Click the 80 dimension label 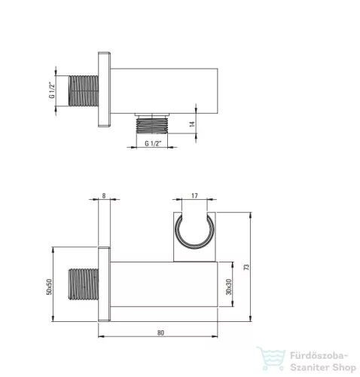tap(160, 333)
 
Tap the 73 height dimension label tap(247, 267)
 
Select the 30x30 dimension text tap(229, 287)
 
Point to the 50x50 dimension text tap(49, 287)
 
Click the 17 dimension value tap(194, 195)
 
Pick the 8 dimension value tap(104, 195)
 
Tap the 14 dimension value tap(192, 124)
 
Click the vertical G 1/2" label tap(52, 90)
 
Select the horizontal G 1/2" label tap(153, 143)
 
